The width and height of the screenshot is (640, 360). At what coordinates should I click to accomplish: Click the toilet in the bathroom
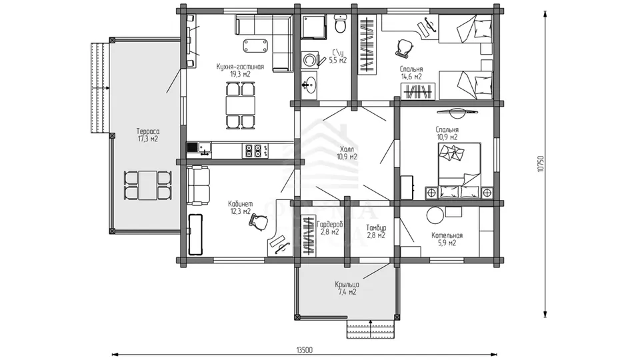339,24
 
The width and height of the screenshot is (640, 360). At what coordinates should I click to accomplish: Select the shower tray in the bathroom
314,27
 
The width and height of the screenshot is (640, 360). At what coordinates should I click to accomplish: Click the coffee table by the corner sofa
256,45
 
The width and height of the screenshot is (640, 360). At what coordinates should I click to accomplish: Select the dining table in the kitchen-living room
241,105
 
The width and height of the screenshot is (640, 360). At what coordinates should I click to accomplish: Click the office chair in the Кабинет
259,223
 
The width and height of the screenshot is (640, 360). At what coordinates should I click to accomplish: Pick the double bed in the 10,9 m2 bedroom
459,170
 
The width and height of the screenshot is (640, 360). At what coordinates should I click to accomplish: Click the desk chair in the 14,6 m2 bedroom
405,47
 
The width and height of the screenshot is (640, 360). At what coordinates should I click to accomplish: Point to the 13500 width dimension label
305,350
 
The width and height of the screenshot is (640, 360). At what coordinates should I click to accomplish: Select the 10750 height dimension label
541,164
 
